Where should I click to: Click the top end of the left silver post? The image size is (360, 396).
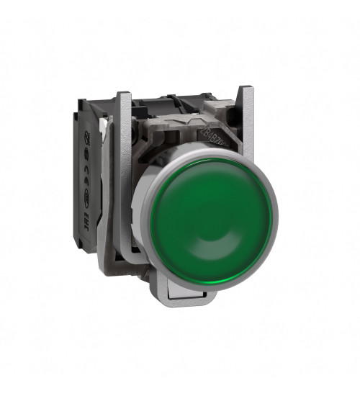pyautogui.click(x=123, y=96)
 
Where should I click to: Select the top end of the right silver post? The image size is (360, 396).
pyautogui.click(x=246, y=91)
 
